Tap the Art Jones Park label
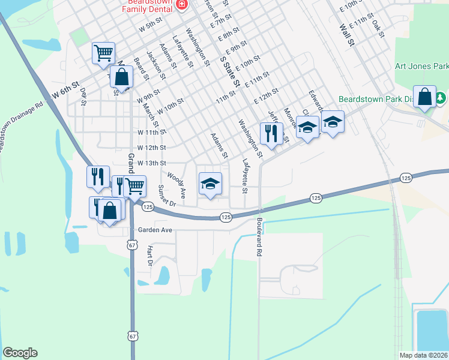tap(421, 67)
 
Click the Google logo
tap(20, 353)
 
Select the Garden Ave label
tap(155, 230)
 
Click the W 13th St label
tap(151, 163)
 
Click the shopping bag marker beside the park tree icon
tap(424, 98)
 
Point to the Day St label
tap(83, 97)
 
